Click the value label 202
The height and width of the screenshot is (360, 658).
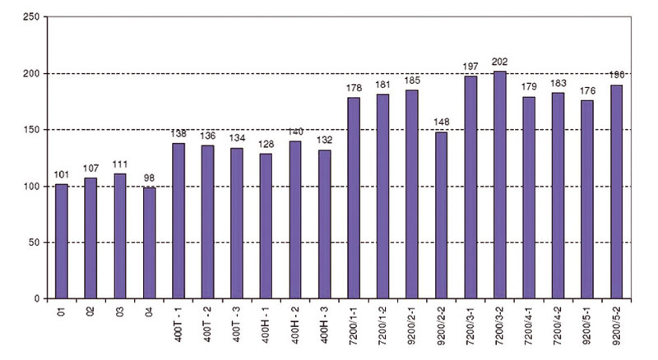(x=500, y=62)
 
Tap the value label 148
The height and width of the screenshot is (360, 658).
(x=442, y=123)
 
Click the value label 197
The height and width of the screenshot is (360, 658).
(x=470, y=67)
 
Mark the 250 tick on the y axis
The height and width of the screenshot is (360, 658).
(x=30, y=17)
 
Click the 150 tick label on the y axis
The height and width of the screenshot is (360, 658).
(x=30, y=130)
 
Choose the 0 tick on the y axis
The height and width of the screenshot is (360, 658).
(x=37, y=299)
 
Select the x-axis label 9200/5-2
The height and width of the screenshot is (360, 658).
(x=617, y=326)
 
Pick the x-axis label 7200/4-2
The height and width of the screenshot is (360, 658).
(x=558, y=326)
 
